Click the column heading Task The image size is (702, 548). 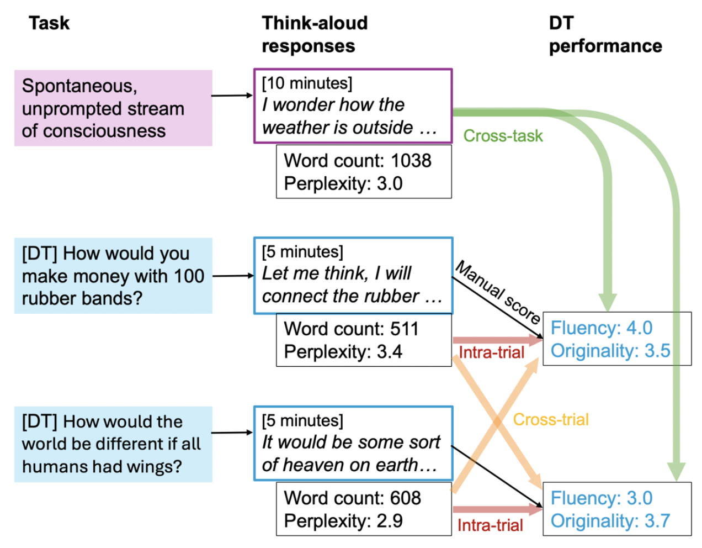coord(49,23)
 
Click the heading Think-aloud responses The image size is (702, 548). coord(314,34)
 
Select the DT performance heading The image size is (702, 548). coord(605,34)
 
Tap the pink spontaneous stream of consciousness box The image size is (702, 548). coord(113,108)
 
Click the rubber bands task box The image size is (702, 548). coord(113,276)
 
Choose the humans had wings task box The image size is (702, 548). coord(113,444)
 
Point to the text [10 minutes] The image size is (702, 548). coord(307,83)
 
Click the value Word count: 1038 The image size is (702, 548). coord(357,161)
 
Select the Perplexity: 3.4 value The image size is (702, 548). coord(343,351)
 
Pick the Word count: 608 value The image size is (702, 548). coord(352,498)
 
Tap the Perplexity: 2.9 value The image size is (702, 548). coord(343,520)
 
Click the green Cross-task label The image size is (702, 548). coord(503,136)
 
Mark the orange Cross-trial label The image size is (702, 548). coord(551,419)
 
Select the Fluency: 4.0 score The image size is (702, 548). coord(601,328)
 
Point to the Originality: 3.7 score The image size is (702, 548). coord(610,520)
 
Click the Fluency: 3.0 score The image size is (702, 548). coord(601,498)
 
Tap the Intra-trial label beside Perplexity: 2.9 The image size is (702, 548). coord(490,525)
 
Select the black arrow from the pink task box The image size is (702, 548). coord(232,96)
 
